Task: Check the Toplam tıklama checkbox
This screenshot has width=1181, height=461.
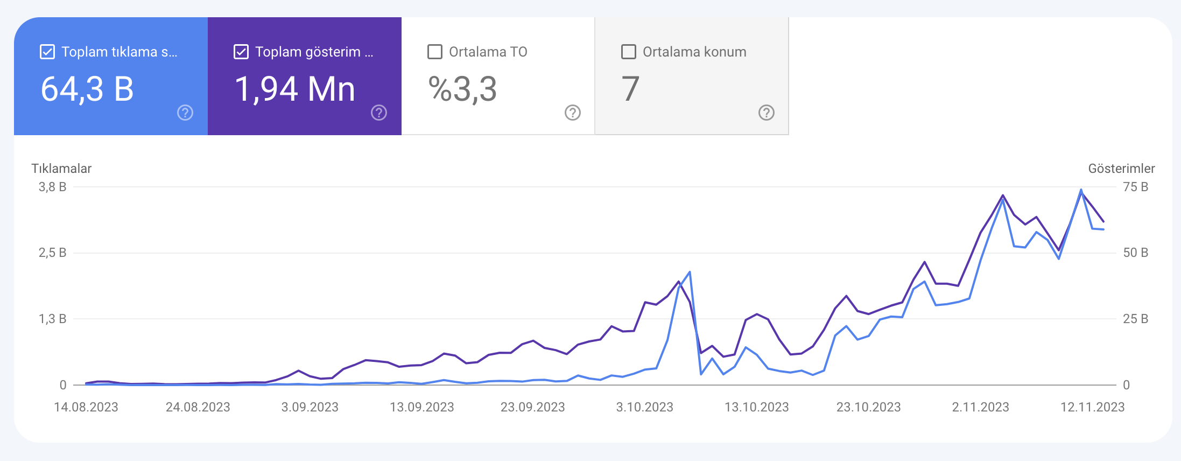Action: click(47, 52)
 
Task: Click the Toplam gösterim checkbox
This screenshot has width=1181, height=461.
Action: click(241, 52)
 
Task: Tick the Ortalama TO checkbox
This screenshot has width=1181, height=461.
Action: click(435, 52)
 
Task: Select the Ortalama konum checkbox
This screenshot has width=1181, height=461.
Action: click(629, 52)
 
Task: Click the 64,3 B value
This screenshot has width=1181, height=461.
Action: click(87, 89)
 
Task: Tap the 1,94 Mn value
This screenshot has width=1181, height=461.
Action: click(295, 89)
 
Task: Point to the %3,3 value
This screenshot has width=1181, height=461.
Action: click(462, 89)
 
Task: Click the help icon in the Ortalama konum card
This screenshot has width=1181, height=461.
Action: click(767, 113)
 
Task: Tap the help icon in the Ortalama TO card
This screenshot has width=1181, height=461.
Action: click(573, 113)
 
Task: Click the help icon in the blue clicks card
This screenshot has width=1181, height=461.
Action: click(185, 113)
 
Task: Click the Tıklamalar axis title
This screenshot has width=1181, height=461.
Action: click(61, 169)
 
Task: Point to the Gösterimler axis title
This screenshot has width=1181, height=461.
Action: click(1121, 169)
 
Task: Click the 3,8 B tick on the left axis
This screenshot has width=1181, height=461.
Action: click(52, 187)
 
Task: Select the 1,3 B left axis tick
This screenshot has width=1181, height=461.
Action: click(52, 319)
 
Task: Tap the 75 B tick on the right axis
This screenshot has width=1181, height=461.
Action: click(1136, 187)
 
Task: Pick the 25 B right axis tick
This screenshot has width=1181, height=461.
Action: click(1136, 319)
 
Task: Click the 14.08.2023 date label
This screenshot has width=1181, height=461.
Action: click(86, 407)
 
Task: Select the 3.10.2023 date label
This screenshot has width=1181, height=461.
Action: click(645, 407)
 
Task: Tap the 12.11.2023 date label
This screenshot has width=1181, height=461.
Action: click(1093, 407)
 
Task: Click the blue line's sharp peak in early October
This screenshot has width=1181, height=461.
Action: click(690, 272)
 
